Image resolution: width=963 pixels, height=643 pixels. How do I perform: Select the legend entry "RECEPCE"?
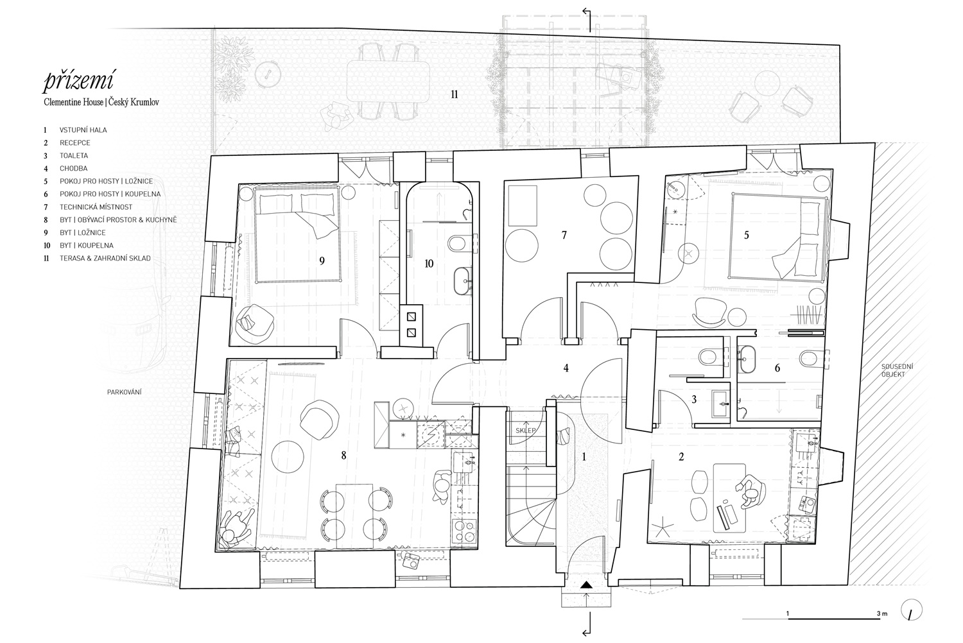(75, 142)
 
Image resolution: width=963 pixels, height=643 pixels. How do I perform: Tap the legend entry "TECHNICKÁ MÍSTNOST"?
(96, 207)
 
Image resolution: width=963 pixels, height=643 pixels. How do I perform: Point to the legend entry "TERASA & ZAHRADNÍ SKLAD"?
(105, 259)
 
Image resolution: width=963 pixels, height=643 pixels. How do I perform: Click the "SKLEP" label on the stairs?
(525, 430)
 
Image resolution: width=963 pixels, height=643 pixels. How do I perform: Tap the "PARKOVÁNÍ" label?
(125, 392)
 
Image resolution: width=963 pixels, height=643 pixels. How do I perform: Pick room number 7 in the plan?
(564, 235)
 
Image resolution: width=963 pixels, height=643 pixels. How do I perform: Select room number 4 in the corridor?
(566, 368)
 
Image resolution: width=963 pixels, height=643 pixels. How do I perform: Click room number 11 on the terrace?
(455, 94)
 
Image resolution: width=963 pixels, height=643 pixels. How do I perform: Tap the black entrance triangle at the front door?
(586, 585)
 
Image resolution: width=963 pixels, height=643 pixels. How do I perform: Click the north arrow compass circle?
(911, 610)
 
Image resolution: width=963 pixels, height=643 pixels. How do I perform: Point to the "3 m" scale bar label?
(881, 613)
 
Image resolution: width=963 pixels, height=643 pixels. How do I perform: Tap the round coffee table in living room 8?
(288, 456)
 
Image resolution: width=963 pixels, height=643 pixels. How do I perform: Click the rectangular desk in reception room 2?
(729, 497)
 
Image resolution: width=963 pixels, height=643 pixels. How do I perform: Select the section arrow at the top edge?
(587, 19)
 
